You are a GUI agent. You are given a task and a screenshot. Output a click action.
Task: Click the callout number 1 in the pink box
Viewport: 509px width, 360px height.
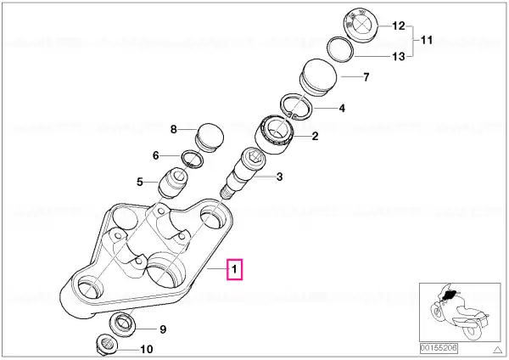[x=234, y=269]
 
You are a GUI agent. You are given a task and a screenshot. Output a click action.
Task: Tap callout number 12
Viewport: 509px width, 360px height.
[x=399, y=25]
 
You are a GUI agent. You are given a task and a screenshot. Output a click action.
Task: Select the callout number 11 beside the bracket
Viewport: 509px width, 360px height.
[x=427, y=40]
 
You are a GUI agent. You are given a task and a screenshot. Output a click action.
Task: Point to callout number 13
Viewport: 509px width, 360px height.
[x=399, y=57]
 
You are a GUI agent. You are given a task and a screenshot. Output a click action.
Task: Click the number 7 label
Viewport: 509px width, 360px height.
[x=366, y=77]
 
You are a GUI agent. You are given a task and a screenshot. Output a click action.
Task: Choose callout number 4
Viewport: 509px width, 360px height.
[x=342, y=108]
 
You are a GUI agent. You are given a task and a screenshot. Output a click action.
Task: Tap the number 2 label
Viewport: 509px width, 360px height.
[x=315, y=136]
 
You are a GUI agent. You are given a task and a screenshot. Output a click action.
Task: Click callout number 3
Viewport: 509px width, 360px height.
[x=279, y=177]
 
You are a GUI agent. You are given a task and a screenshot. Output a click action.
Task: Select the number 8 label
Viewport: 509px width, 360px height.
[x=174, y=129]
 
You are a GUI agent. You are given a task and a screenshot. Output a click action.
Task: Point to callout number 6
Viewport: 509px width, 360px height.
[x=156, y=155]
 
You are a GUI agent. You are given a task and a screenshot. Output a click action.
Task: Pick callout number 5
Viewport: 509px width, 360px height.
[x=140, y=182]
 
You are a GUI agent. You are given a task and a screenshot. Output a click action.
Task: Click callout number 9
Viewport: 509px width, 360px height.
[x=163, y=329]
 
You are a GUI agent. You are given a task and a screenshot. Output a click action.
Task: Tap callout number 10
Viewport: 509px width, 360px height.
[x=147, y=349]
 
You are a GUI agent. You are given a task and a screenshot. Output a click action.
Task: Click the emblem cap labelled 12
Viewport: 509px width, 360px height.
[x=361, y=25]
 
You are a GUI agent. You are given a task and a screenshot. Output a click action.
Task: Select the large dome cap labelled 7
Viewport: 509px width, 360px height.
[x=316, y=77]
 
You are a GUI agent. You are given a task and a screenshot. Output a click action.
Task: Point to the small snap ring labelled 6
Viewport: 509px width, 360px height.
[x=193, y=160]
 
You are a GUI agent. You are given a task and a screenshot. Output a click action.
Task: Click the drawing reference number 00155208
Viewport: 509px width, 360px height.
[x=439, y=348]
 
